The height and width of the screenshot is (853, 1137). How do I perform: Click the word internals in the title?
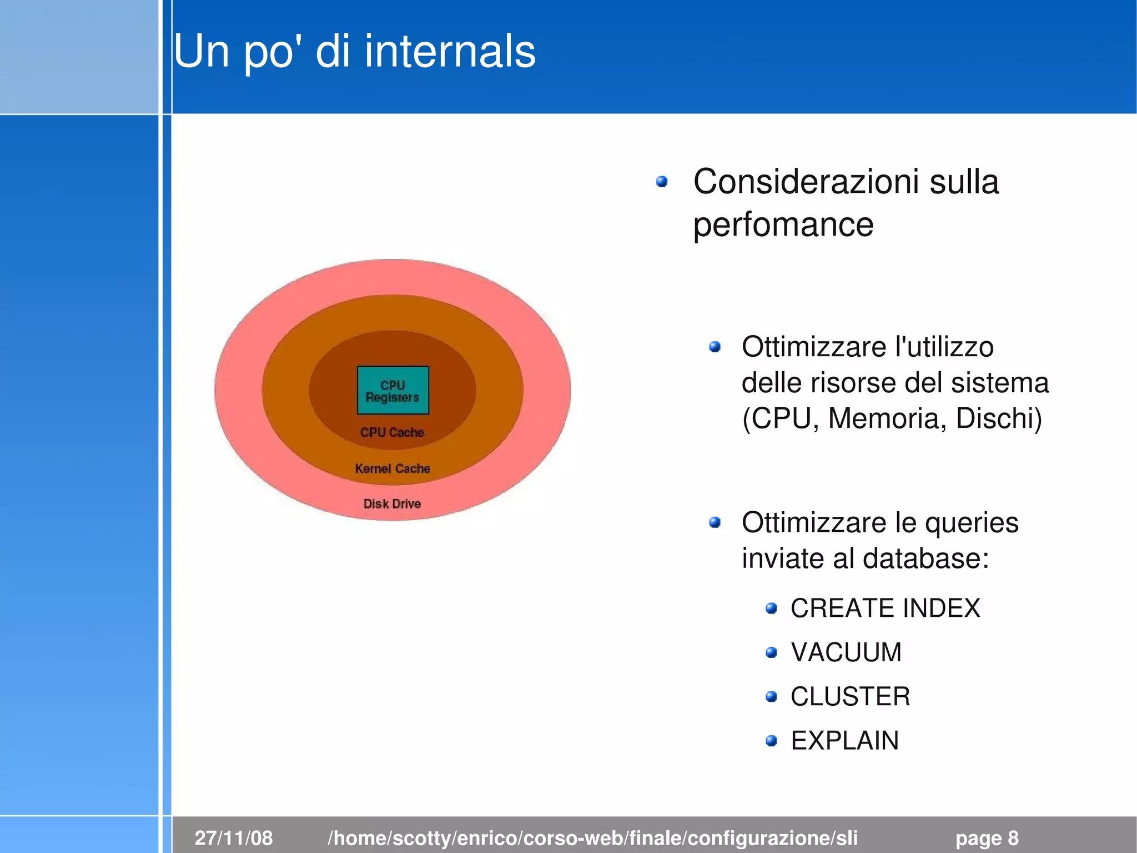(450, 51)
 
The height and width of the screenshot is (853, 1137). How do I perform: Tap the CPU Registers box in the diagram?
(393, 391)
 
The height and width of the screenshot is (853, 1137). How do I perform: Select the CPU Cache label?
(392, 432)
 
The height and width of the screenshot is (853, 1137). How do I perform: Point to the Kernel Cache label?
(393, 468)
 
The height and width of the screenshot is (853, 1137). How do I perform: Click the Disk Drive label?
(392, 503)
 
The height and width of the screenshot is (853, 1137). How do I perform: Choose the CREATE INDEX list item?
(885, 608)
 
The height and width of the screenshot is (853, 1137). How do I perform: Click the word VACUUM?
(846, 652)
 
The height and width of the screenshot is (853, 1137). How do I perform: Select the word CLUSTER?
(850, 696)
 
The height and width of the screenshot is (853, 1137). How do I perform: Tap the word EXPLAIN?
(844, 741)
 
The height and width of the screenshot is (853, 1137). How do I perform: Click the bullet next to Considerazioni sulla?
(661, 182)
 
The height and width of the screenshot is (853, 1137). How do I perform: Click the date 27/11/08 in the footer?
(234, 837)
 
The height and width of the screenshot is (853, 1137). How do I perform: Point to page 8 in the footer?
(987, 837)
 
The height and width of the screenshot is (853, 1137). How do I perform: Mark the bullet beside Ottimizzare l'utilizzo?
(715, 347)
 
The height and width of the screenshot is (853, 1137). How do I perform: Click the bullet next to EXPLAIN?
(771, 741)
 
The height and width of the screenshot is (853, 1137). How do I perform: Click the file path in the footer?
(592, 837)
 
